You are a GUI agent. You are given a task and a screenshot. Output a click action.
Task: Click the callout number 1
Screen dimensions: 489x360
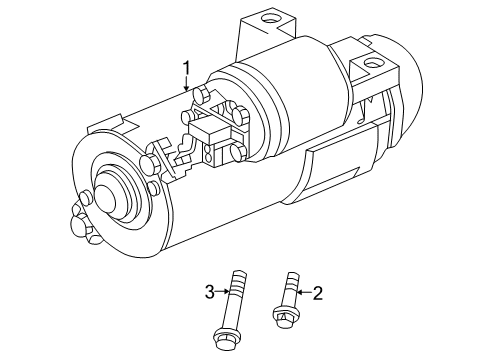point(187,68)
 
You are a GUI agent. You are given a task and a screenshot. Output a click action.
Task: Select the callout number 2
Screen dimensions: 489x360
point(317,293)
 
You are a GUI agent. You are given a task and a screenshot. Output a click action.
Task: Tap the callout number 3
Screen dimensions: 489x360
point(209,292)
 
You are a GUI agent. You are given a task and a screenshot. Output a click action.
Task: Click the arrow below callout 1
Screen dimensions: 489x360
point(187,83)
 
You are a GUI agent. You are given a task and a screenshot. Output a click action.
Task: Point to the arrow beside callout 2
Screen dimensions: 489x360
point(304,293)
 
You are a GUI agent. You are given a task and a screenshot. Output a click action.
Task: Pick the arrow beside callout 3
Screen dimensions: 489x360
point(223,291)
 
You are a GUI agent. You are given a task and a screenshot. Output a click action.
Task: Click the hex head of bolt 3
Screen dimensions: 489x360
point(225,339)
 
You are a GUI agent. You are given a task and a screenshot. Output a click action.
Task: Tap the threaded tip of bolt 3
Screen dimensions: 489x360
point(240,276)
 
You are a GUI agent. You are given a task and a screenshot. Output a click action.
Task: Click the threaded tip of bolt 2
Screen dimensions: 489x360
point(292,277)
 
